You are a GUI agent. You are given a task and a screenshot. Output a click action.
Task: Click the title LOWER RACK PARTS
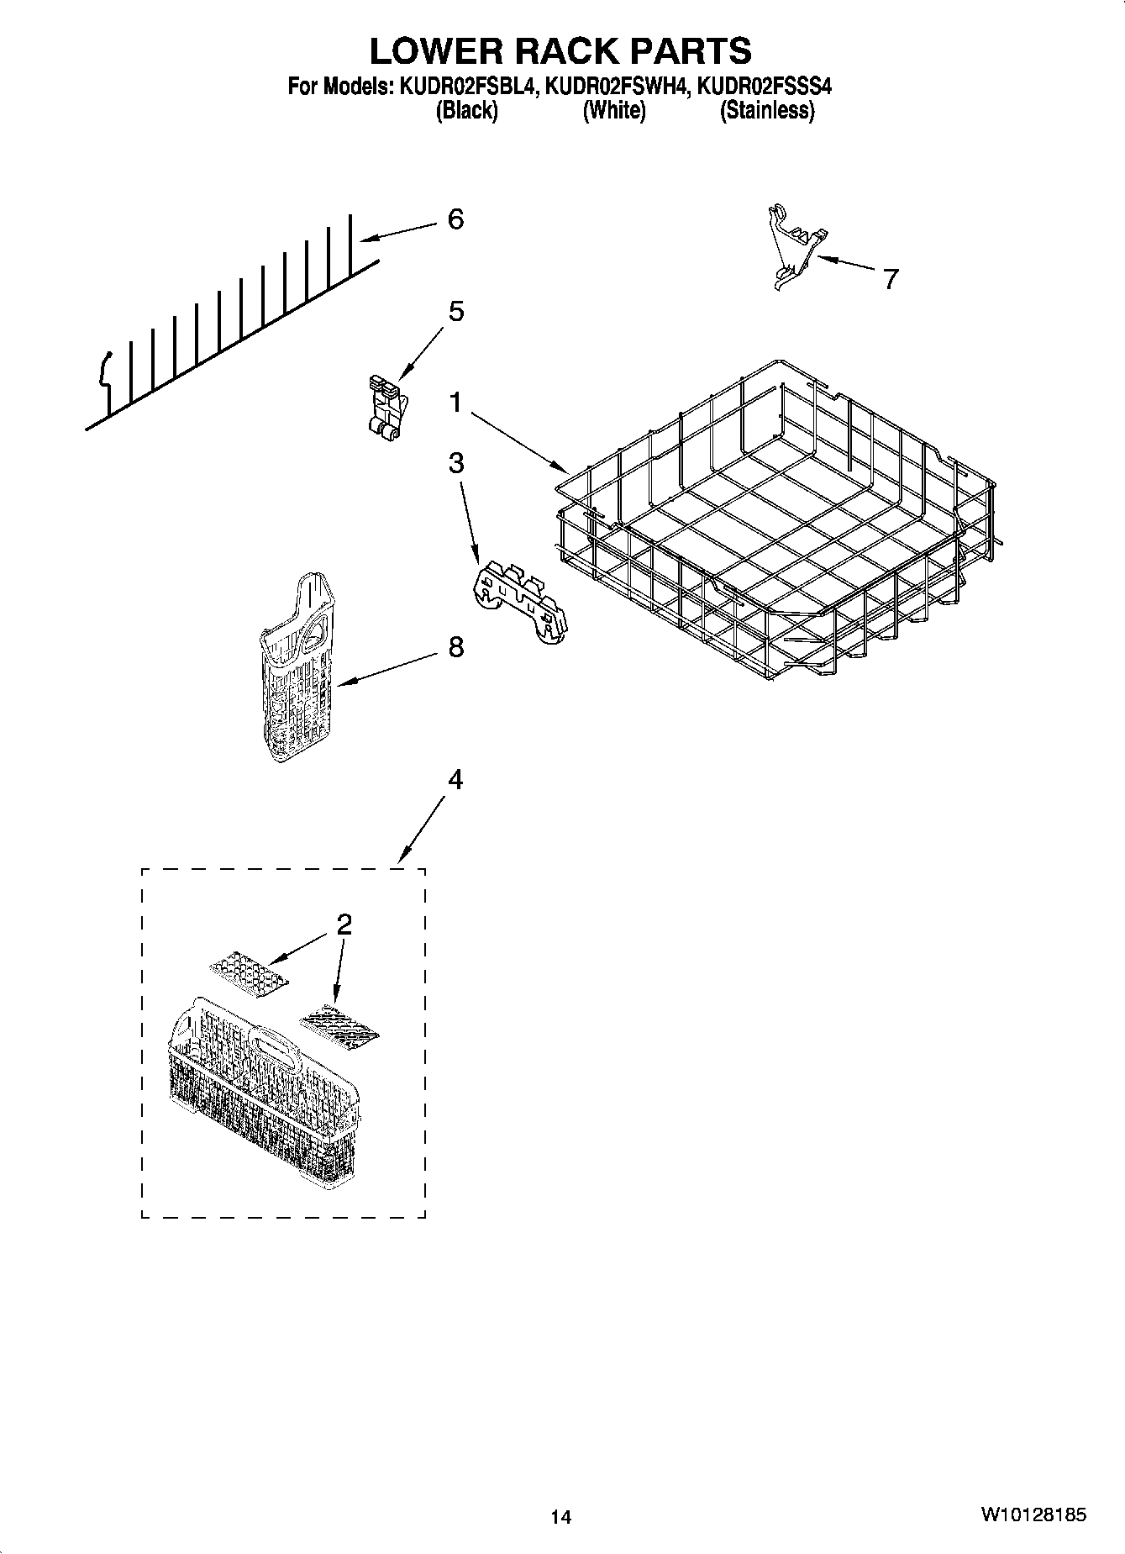(560, 50)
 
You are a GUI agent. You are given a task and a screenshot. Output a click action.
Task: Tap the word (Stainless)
(766, 110)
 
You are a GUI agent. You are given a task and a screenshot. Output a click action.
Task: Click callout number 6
(455, 219)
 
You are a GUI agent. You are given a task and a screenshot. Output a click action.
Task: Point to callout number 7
(890, 278)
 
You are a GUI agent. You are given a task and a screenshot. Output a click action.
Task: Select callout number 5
(455, 312)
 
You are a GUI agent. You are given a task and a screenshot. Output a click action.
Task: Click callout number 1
(455, 403)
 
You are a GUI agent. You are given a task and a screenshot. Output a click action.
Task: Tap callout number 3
(455, 462)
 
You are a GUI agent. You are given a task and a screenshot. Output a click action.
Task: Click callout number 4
(455, 780)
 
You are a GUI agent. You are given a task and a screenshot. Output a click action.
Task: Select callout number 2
(343, 924)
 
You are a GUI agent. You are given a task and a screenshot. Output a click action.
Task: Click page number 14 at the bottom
(560, 1517)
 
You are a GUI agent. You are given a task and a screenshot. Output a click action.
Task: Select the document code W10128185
(1033, 1514)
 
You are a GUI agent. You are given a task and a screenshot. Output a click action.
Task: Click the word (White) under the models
(614, 110)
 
